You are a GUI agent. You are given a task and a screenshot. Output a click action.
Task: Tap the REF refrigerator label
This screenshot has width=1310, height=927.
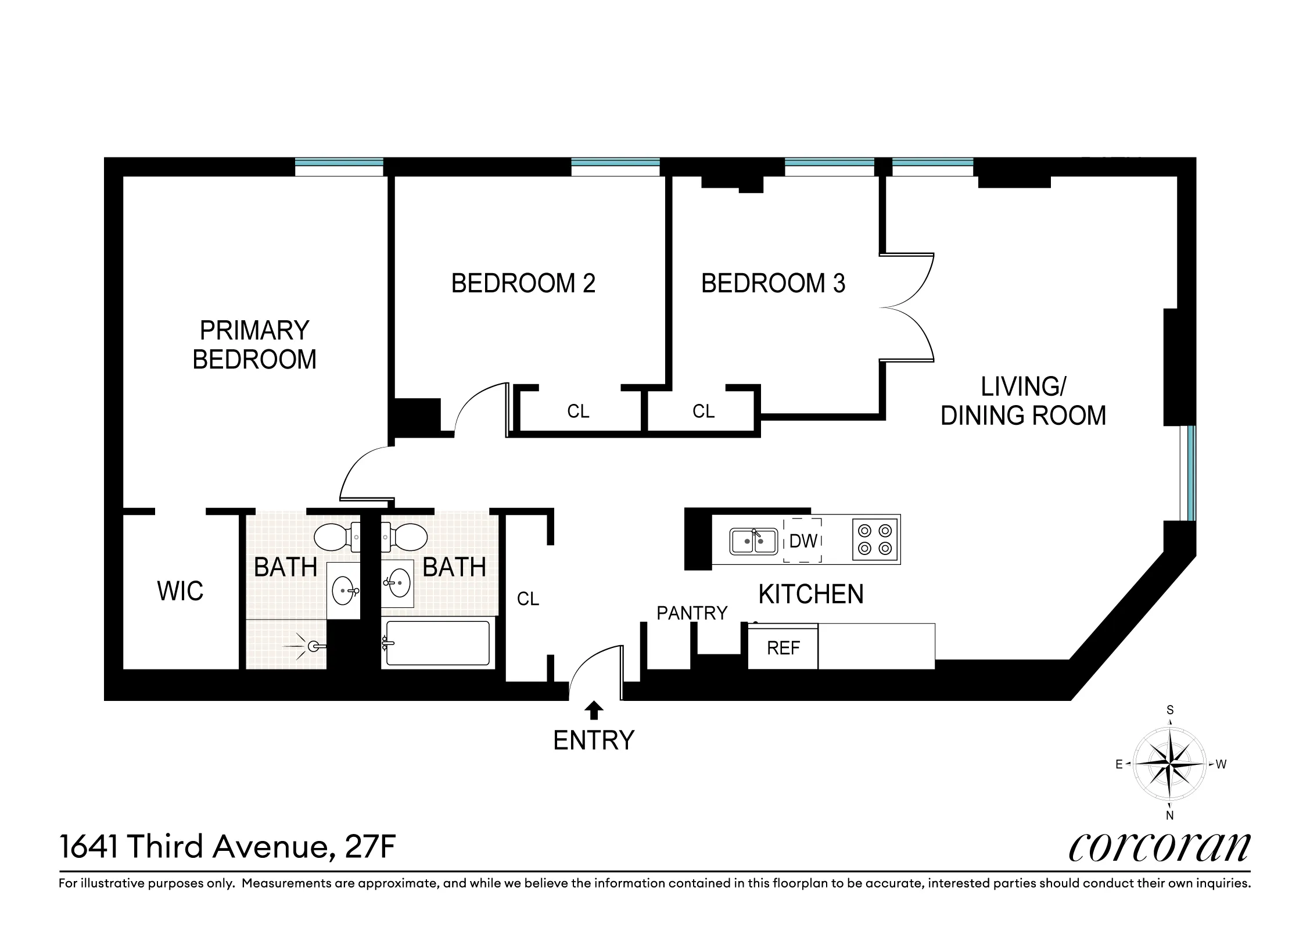click(x=783, y=648)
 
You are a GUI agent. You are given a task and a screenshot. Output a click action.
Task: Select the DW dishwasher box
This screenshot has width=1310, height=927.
click(x=803, y=541)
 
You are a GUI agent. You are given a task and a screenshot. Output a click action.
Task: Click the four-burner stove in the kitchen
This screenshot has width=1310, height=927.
click(x=875, y=539)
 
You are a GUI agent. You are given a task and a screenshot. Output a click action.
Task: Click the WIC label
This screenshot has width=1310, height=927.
click(x=180, y=591)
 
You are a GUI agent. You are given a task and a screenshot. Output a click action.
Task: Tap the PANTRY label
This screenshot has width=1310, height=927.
click(x=691, y=613)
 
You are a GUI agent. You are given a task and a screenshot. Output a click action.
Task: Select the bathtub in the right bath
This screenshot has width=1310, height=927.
click(x=438, y=643)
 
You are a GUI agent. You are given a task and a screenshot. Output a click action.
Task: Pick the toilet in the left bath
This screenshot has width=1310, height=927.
click(x=336, y=536)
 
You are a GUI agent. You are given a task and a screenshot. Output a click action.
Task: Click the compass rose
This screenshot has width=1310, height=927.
click(x=1169, y=764)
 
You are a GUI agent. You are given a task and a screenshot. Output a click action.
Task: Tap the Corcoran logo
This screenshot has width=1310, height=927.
click(x=1159, y=847)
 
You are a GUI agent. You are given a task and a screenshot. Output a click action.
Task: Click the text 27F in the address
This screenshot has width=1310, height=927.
click(x=370, y=847)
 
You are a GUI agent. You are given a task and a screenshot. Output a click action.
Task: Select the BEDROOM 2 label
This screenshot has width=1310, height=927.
click(x=523, y=284)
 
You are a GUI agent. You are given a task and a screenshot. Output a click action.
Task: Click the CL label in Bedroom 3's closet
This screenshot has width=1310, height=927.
click(x=703, y=411)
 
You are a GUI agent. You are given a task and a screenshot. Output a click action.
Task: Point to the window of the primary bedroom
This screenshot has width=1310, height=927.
click(x=339, y=167)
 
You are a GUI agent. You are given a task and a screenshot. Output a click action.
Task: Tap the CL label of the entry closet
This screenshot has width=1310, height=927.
click(x=528, y=599)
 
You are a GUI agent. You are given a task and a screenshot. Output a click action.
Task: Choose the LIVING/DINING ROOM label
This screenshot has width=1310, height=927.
click(x=1022, y=401)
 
